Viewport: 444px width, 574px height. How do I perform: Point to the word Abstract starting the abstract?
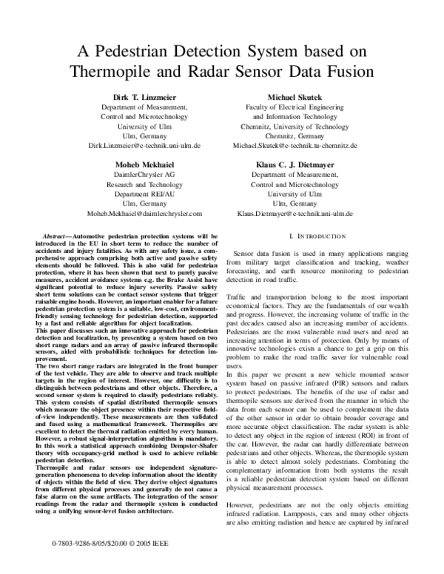click(60, 236)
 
